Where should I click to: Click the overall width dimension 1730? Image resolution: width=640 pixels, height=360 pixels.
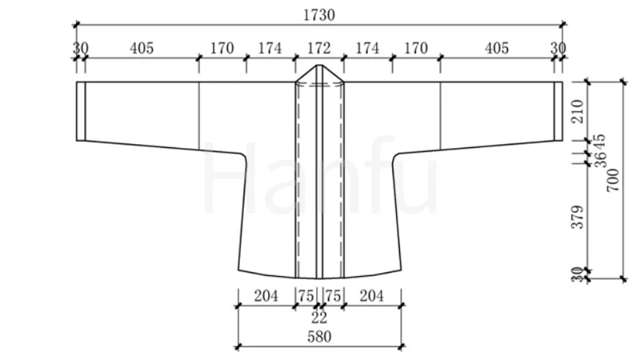pos(318,15)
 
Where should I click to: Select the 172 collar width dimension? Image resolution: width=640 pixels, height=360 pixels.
pos(318,48)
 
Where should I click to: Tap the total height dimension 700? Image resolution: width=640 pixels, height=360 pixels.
pos(613,180)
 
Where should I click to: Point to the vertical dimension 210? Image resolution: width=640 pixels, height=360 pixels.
pos(578,111)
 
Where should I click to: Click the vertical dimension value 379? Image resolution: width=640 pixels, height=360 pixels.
pos(578,217)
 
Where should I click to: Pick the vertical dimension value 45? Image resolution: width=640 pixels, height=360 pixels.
pos(600,142)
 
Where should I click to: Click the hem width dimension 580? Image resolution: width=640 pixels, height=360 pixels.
pos(319,337)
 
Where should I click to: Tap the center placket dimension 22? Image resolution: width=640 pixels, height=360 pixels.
pos(318,317)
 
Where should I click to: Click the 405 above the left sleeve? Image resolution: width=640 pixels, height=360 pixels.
pos(142,48)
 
